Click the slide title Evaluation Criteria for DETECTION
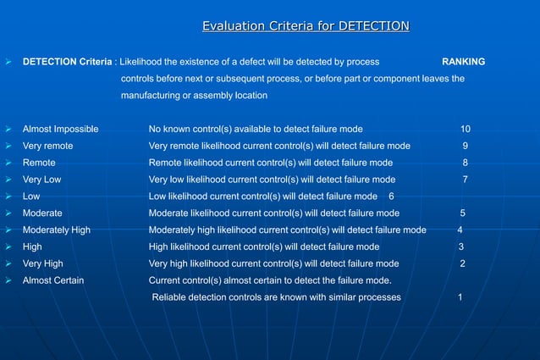point(306,27)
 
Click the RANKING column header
point(464,62)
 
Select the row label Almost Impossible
point(60,129)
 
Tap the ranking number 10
point(466,129)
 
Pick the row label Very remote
point(47,146)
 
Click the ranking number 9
point(465,146)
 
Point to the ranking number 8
point(465,163)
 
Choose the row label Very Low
point(41,180)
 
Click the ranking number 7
point(465,180)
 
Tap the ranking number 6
point(391,197)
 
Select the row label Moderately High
point(57,230)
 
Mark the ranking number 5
point(462,213)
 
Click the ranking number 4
point(460,230)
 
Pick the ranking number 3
point(460,246)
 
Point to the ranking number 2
point(462,263)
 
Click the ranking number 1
point(460,297)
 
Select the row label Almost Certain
point(52,280)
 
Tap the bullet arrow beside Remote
point(8,163)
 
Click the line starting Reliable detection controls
point(277,297)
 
